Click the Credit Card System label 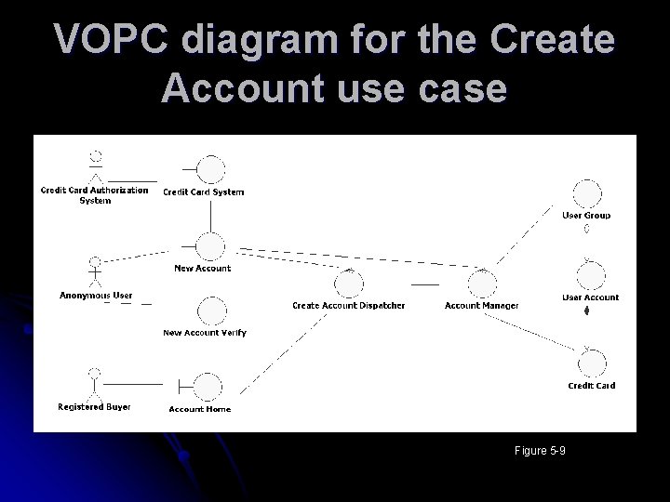(204, 192)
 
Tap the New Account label (203, 269)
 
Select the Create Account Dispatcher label (348, 306)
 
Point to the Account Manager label (481, 306)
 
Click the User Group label (586, 216)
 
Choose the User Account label (590, 297)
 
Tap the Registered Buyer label (94, 407)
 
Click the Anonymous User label (96, 296)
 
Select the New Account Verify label (205, 333)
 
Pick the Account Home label (200, 409)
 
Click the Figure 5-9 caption (540, 452)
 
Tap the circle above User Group (587, 194)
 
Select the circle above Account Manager (482, 284)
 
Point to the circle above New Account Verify (212, 311)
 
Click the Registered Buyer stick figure (93, 384)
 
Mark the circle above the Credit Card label (591, 363)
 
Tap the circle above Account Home (208, 386)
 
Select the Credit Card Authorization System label (94, 195)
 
